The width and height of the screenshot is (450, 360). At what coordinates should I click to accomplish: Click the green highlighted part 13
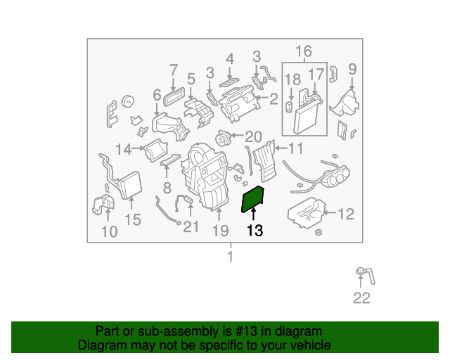[x=252, y=199]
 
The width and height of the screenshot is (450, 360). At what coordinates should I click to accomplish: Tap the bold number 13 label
[x=255, y=231]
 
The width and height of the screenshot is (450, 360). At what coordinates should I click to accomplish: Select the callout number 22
[x=361, y=298]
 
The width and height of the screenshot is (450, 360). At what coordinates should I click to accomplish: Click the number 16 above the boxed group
[x=303, y=51]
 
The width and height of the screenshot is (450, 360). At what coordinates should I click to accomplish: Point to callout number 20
[x=253, y=136]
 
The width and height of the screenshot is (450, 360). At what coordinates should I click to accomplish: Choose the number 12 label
[x=346, y=214]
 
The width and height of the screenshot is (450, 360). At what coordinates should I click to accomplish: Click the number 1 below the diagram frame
[x=230, y=257]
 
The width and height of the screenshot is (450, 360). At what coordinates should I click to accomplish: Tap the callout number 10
[x=110, y=231]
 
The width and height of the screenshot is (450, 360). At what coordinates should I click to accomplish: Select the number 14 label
[x=124, y=149]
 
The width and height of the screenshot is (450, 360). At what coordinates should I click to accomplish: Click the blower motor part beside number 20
[x=222, y=138]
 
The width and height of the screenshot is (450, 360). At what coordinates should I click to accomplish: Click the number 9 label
[x=352, y=69]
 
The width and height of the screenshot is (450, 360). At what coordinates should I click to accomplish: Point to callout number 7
[x=174, y=70]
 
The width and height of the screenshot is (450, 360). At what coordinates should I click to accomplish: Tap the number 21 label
[x=191, y=226]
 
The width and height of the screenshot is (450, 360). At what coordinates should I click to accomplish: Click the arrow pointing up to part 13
[x=253, y=214]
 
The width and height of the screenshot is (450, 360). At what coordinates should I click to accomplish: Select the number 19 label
[x=220, y=231]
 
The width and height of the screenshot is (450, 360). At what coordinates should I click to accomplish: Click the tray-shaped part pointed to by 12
[x=307, y=213]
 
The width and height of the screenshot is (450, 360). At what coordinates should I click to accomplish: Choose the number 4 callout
[x=230, y=59]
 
